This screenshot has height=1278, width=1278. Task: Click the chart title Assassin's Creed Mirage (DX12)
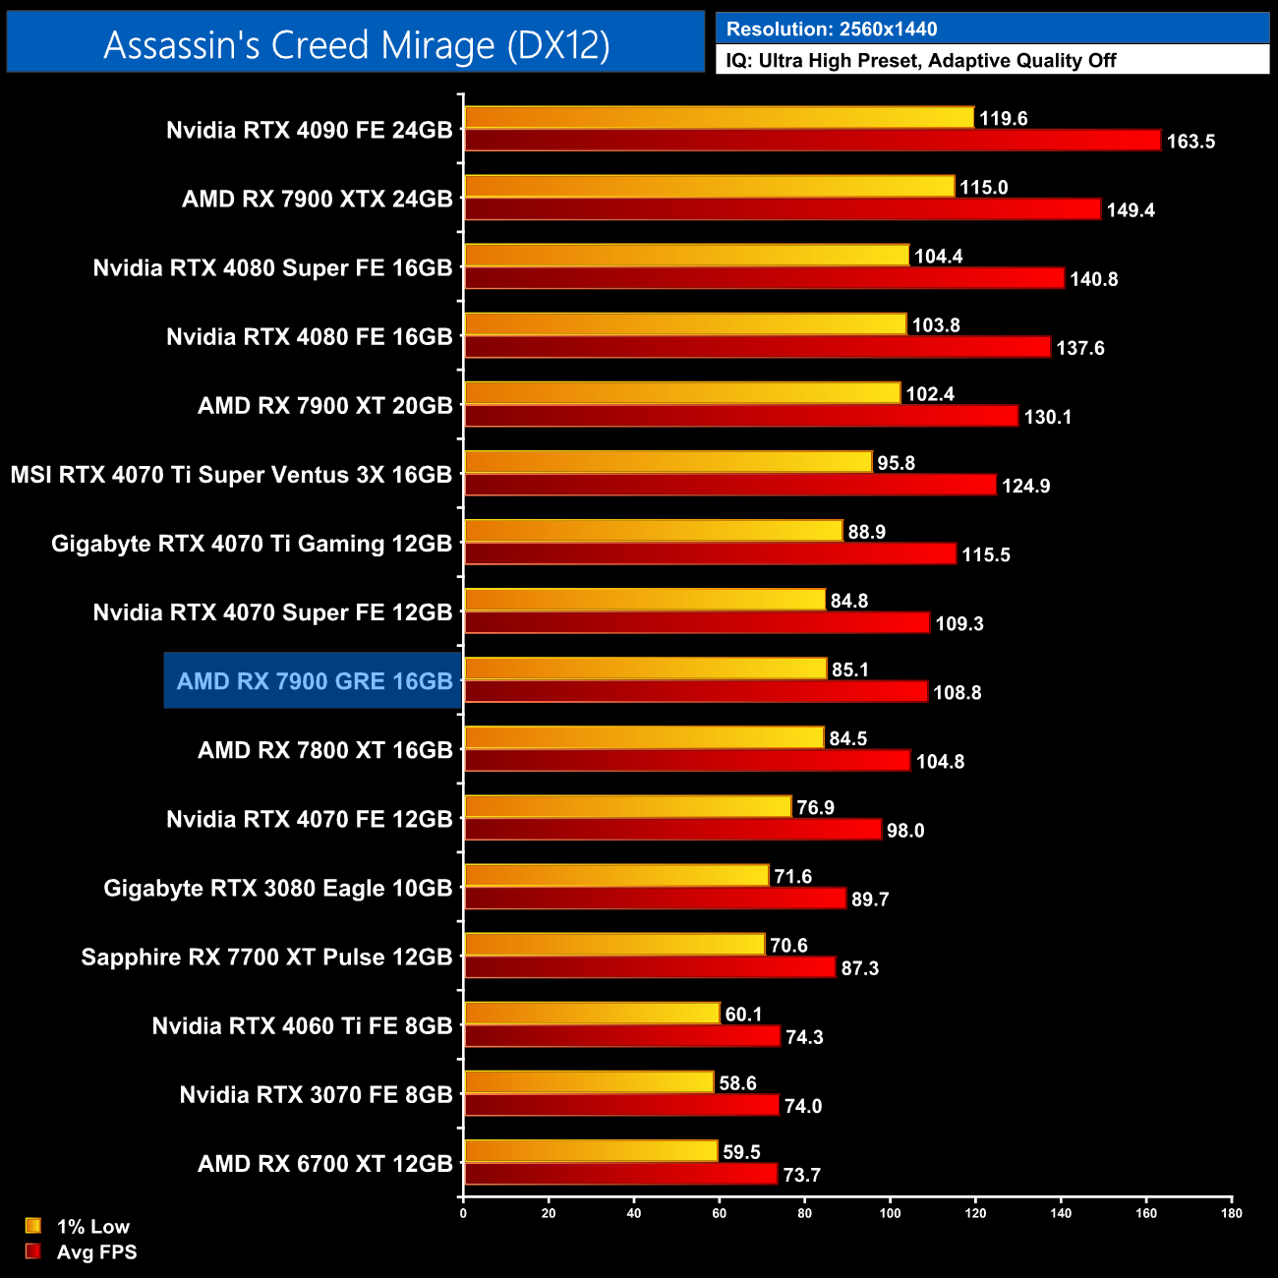click(x=356, y=45)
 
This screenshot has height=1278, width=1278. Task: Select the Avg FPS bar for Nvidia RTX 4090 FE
click(x=812, y=141)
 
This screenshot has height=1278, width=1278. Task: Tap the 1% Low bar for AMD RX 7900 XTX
click(x=709, y=187)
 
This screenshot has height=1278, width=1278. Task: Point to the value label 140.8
click(x=1093, y=279)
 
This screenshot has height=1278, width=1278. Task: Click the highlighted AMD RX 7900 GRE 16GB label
click(x=314, y=681)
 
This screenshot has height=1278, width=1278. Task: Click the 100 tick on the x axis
click(x=890, y=1213)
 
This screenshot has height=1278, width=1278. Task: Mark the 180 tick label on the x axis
click(x=1231, y=1213)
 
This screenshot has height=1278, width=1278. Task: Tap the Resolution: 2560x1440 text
click(x=832, y=29)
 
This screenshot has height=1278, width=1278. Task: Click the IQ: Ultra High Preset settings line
click(x=921, y=61)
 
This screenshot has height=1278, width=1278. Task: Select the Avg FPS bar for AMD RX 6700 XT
click(x=620, y=1174)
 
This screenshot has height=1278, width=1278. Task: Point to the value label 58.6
click(x=737, y=1083)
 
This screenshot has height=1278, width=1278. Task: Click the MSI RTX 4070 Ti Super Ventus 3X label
click(x=231, y=475)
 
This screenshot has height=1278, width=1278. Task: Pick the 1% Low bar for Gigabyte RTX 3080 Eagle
click(x=616, y=875)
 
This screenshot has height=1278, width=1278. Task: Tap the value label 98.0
click(x=904, y=831)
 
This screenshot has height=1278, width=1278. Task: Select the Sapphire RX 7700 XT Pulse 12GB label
click(x=266, y=958)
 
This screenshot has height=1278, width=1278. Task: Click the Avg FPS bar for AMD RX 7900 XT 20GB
click(x=741, y=416)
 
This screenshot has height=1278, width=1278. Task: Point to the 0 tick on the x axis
click(x=463, y=1213)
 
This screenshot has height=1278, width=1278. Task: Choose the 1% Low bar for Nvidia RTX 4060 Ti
click(x=592, y=1013)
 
